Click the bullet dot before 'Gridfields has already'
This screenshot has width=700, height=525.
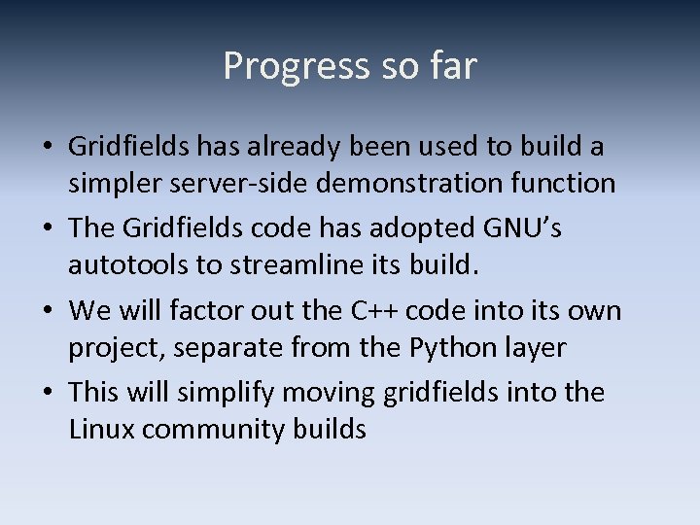pos(48,148)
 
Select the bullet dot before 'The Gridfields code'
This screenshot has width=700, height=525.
pos(48,229)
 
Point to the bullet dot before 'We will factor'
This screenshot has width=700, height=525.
pos(48,311)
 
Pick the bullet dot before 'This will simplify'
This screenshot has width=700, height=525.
pos(48,393)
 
